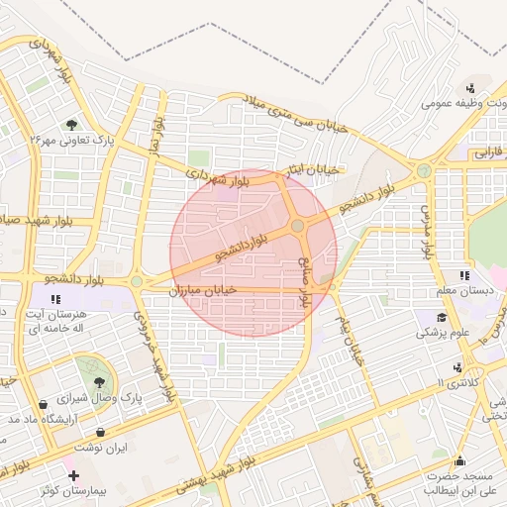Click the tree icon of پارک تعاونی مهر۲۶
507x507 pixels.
[71, 124]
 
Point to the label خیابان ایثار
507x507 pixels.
[310, 170]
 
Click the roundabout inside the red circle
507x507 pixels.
[297, 228]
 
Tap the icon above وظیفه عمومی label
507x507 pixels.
[471, 87]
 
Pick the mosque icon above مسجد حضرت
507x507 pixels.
[460, 460]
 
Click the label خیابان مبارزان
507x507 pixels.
[209, 289]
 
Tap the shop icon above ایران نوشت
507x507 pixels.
[104, 432]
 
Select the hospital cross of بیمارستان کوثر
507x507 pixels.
[73, 476]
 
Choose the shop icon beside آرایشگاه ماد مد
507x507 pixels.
[43, 404]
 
